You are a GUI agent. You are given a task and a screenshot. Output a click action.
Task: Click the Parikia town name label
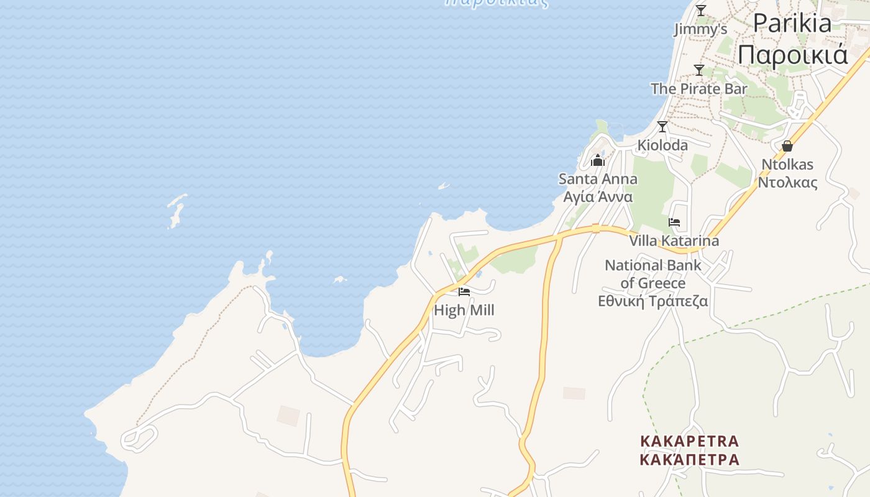(792, 24)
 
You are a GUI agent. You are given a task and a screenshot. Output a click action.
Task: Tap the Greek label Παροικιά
(792, 55)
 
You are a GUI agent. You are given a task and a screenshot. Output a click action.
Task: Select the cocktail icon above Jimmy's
(701, 11)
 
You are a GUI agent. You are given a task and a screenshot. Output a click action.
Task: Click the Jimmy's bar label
(700, 29)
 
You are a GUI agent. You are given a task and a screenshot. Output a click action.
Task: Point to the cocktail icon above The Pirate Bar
(699, 70)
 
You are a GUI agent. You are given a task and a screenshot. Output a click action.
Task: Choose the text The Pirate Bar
(699, 89)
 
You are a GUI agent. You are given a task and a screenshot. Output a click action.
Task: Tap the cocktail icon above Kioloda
(662, 127)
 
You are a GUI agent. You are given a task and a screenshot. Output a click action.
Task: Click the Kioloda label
(662, 145)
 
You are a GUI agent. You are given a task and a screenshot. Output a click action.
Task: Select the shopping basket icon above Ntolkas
(787, 147)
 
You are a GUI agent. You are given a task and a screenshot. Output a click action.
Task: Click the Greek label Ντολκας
(787, 183)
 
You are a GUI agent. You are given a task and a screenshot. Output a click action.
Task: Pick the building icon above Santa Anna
(598, 161)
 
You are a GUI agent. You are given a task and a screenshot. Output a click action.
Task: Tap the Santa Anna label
(598, 179)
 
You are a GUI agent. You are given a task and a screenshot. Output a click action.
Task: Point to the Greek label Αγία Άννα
(598, 197)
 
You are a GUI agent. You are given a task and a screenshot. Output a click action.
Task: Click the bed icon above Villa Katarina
(674, 222)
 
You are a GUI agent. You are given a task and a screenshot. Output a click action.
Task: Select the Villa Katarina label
(674, 241)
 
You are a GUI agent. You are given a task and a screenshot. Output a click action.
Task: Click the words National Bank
(652, 266)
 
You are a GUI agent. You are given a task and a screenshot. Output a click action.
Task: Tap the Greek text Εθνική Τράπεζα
(652, 301)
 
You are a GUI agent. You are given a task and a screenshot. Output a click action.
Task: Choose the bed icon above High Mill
(464, 292)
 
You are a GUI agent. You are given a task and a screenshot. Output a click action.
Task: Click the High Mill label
(464, 310)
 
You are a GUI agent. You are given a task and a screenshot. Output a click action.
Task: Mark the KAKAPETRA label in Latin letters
(690, 442)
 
